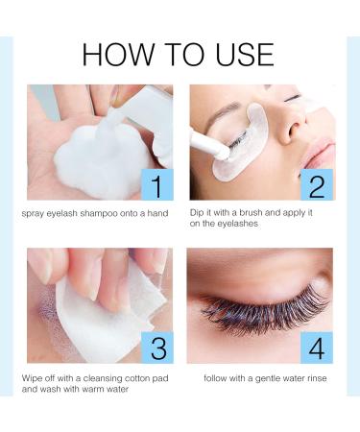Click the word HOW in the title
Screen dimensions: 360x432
point(118,55)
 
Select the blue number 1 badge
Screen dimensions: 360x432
point(157,185)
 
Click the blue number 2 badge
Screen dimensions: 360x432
point(317,185)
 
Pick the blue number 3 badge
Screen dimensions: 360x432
point(157,348)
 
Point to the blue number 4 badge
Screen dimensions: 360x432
point(317,348)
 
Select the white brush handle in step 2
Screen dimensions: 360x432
point(208,143)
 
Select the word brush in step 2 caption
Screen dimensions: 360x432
point(251,212)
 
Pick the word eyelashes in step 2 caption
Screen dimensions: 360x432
point(237,224)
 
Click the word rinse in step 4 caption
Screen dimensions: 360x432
point(317,378)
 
